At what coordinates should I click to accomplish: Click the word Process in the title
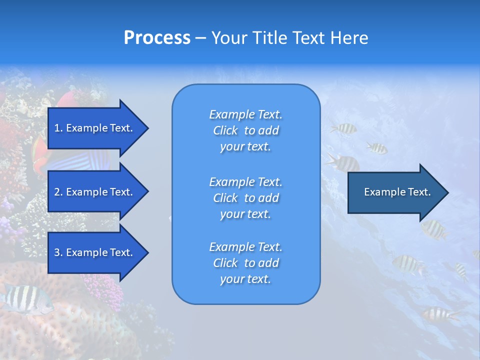pyautogui.click(x=157, y=38)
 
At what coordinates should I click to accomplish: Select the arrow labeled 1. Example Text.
pyautogui.click(x=93, y=128)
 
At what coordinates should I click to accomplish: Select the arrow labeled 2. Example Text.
pyautogui.click(x=93, y=192)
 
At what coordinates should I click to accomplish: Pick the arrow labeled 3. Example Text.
pyautogui.click(x=93, y=252)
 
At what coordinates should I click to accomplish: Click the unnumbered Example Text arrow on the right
pyautogui.click(x=397, y=192)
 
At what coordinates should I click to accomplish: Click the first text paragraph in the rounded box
pyautogui.click(x=245, y=130)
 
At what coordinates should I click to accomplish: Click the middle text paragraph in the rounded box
pyautogui.click(x=245, y=197)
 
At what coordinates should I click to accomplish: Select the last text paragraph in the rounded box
pyautogui.click(x=245, y=263)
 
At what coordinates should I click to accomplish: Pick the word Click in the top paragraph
pyautogui.click(x=225, y=130)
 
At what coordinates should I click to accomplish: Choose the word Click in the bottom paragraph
pyautogui.click(x=225, y=263)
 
